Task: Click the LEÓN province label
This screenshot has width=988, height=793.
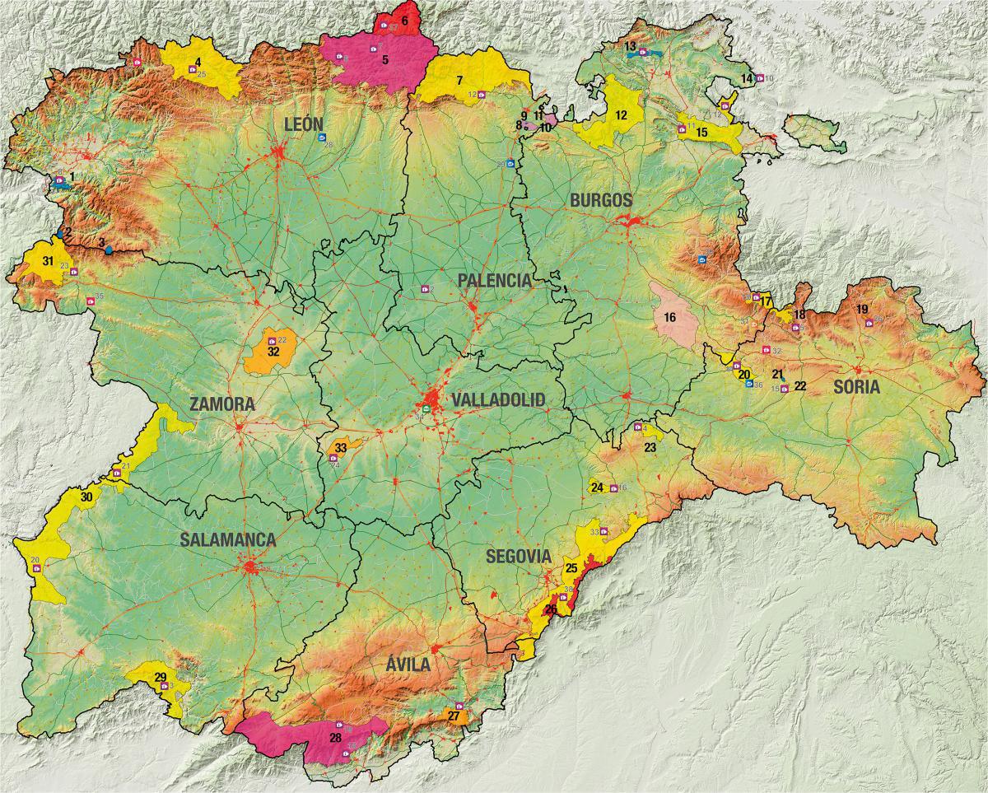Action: [301, 124]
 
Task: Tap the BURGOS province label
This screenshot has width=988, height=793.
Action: [601, 200]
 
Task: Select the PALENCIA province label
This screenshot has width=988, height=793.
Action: [494, 281]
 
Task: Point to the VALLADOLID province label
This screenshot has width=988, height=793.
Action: [498, 400]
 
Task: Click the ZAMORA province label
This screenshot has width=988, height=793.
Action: [221, 405]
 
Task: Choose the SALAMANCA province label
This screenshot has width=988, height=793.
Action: [227, 539]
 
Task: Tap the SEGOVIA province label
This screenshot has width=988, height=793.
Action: [518, 556]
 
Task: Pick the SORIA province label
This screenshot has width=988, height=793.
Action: [856, 386]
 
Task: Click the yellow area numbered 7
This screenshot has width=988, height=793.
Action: [469, 81]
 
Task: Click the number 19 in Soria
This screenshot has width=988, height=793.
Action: [862, 309]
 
